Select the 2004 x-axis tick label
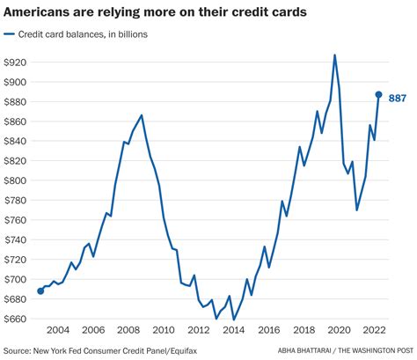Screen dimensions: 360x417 pos(59,329)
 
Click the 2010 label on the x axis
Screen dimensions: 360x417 pos(164,329)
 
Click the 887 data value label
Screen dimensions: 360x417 pos(397,98)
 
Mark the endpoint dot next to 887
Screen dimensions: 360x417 pos(378,94)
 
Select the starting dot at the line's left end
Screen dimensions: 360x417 pos(40,290)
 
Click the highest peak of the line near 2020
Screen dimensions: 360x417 pos(335,55)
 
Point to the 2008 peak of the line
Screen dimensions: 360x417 pos(142,114)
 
